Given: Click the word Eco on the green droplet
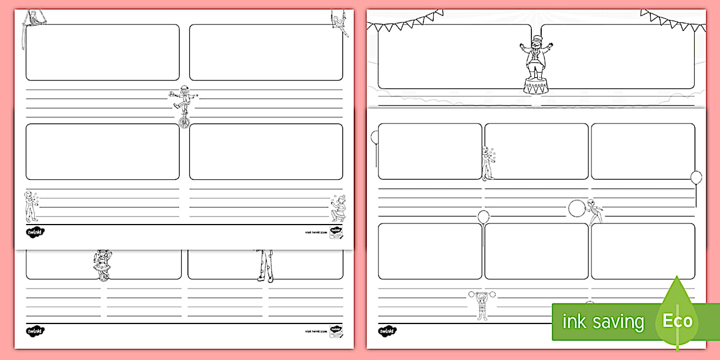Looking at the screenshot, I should [677, 321].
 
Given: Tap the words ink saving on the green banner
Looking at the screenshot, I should [603, 322].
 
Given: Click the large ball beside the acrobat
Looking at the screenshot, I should [577, 208].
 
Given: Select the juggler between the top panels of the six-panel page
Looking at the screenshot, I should [487, 163].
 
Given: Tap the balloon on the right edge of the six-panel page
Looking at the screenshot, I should [696, 178].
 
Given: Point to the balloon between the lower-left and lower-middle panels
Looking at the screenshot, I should [483, 217].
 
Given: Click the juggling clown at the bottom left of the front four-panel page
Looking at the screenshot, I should [30, 206].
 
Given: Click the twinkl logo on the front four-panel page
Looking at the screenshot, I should [35, 232].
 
